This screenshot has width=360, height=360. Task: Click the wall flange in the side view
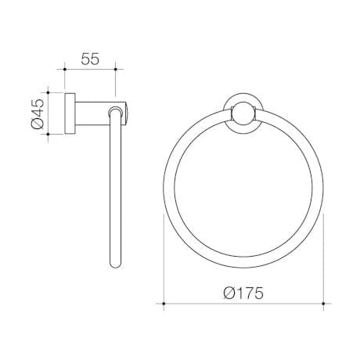[70, 112]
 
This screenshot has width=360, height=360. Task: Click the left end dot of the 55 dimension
[64, 70]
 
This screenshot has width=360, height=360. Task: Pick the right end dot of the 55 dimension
[116, 70]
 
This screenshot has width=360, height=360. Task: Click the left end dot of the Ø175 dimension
[164, 301]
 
